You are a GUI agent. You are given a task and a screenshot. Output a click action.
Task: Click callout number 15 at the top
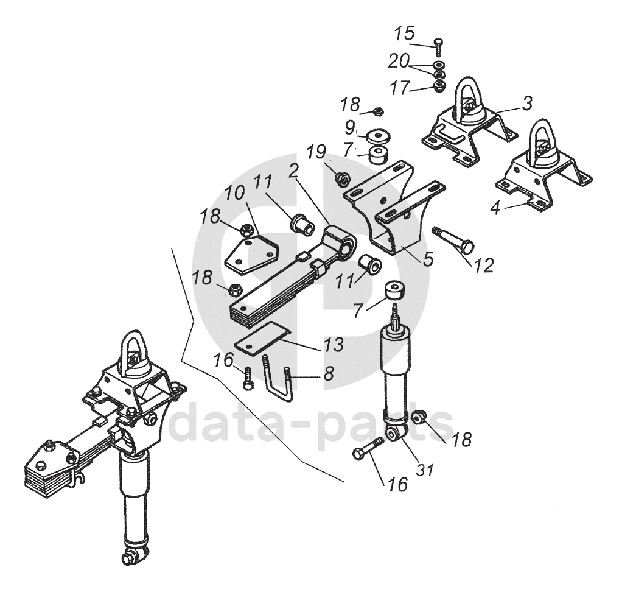pyautogui.click(x=404, y=33)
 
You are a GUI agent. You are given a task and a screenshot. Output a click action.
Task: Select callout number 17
pyautogui.click(x=400, y=89)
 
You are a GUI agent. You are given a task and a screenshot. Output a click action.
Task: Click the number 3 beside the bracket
pyautogui.click(x=526, y=103)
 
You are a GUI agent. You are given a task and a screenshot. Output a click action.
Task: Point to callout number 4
pyautogui.click(x=495, y=208)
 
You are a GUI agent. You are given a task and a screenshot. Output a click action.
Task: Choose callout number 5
pyautogui.click(x=428, y=259)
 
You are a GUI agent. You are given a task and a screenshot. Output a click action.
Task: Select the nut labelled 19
pyautogui.click(x=342, y=178)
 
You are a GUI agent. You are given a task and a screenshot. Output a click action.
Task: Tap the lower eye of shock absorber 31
pyautogui.click(x=393, y=433)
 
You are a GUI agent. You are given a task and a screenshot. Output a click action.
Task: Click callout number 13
pyautogui.click(x=334, y=344)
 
